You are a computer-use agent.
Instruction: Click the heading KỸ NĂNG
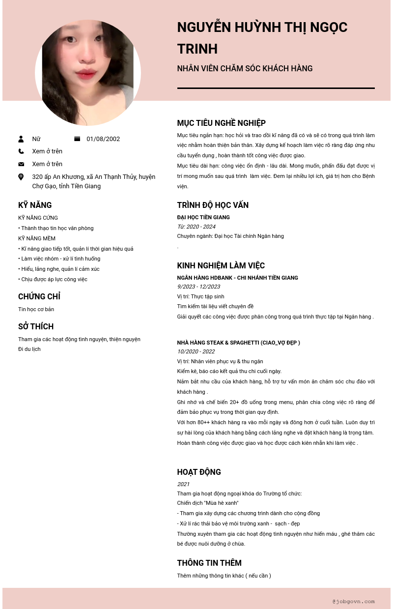pos(35,205)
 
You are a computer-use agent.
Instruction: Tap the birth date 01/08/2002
pos(103,139)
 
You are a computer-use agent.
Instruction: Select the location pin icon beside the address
pos(21,177)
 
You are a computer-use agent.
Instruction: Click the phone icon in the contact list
pos(21,151)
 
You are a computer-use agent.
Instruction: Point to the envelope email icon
pos(21,164)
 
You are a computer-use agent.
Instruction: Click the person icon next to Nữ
pos(21,139)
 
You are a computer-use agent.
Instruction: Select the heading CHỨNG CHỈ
pos(39,296)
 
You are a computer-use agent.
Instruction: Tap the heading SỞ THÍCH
pos(36,326)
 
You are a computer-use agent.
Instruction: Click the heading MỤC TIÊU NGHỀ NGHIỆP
pos(221,123)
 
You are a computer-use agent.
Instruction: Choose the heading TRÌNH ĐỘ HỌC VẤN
pos(213,205)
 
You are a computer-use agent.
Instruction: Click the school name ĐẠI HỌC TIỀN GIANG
pos(203,217)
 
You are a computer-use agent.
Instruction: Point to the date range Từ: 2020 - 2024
pos(196,227)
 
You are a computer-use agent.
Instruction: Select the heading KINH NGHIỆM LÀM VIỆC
pos(221,265)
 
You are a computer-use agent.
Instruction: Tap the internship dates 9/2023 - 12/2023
pos(198,287)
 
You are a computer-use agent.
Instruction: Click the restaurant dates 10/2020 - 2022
pos(196,351)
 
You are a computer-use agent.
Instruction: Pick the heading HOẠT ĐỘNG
pos(199,472)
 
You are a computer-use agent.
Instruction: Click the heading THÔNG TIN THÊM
pos(209,563)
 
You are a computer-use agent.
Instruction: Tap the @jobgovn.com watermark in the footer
pos(353,601)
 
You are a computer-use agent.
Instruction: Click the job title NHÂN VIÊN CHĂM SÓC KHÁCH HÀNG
pos(245,68)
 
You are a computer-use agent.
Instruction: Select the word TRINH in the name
pos(197,49)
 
